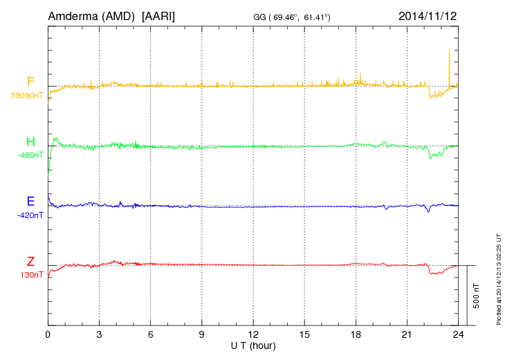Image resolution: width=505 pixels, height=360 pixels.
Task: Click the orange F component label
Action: coord(30,82)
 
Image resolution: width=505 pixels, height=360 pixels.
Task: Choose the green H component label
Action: coord(30,142)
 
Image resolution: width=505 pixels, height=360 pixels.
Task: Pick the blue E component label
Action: coord(30,202)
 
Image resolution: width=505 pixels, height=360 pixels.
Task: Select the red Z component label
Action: coord(30,262)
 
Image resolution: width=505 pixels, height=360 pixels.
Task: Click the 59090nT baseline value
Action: coord(28,96)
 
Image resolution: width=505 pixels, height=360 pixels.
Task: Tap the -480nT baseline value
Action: coord(30,155)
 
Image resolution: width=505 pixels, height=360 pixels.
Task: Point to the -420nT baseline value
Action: coord(30,215)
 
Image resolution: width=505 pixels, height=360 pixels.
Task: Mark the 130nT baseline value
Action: coord(33,275)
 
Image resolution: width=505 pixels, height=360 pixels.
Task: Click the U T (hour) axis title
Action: coord(252,345)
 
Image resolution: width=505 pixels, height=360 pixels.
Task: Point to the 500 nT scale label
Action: coord(477,296)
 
